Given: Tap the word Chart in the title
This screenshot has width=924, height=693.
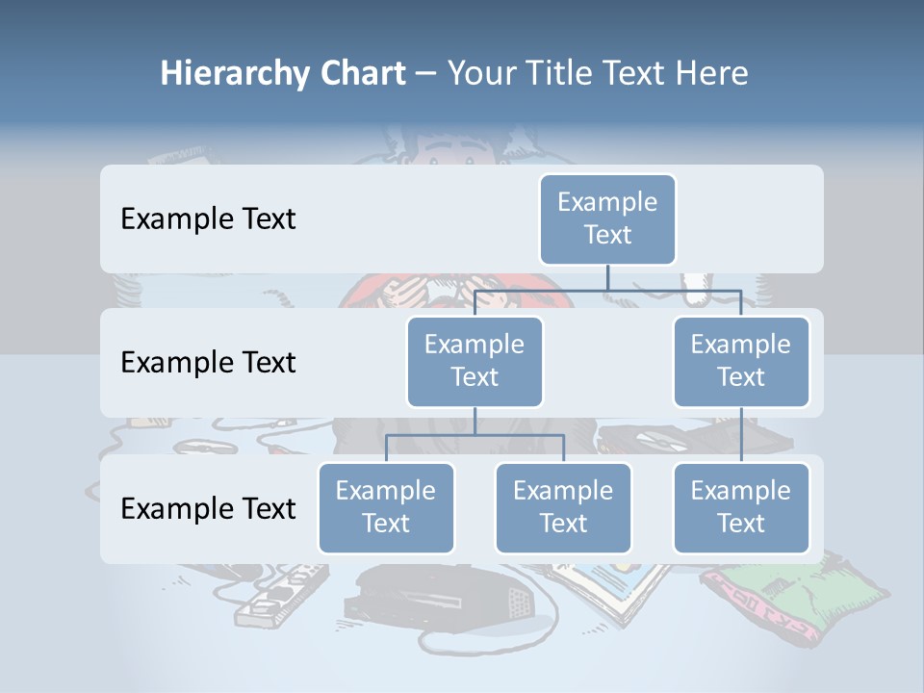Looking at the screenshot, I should pos(362,74).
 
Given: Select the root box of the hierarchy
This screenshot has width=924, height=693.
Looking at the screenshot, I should pos(607,218).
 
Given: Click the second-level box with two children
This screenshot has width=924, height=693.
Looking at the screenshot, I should pos(475,361).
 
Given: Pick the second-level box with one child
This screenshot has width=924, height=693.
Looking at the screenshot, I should pos(741,361).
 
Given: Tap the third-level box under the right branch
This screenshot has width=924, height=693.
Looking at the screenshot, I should pos(741,507).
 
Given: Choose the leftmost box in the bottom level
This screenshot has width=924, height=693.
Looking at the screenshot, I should pos(386,507).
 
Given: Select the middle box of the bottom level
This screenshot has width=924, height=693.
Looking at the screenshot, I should pos(563,507).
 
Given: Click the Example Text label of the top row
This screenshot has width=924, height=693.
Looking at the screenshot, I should pos(208,219).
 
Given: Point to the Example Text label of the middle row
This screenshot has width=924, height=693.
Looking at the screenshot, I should pos(208,363).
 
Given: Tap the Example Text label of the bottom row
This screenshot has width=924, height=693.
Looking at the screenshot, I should pos(208,508).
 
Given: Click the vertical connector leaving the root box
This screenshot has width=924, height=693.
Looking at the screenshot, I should pos(607,277).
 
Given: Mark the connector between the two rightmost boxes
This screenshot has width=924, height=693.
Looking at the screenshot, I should pos(741,435).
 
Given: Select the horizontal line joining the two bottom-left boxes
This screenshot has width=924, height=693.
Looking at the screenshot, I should pos(475,435).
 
